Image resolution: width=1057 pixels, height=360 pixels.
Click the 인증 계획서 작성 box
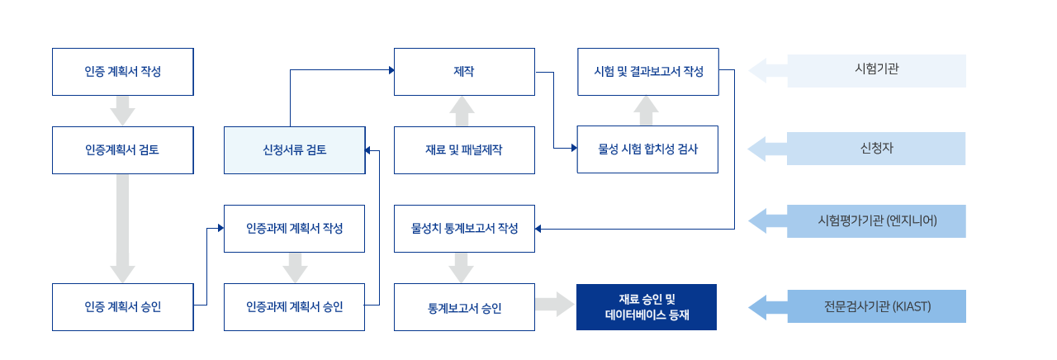pyautogui.click(x=123, y=72)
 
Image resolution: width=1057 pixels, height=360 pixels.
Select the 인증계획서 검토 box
pyautogui.click(x=123, y=150)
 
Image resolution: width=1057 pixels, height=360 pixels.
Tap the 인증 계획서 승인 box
pyautogui.click(x=123, y=307)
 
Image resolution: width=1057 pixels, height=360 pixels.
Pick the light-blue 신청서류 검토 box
pyautogui.click(x=295, y=150)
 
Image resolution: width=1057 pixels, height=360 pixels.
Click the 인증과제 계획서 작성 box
pyautogui.click(x=295, y=229)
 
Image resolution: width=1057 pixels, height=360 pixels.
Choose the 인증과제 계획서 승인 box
pyautogui.click(x=295, y=307)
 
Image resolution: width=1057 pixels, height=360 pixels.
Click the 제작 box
pyautogui.click(x=464, y=72)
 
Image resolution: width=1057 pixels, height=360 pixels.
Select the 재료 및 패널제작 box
pyautogui.click(x=464, y=150)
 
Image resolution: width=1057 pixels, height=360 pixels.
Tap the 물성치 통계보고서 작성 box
pyautogui.click(x=464, y=229)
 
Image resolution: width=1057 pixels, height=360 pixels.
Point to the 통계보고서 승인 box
pyautogui.click(x=464, y=307)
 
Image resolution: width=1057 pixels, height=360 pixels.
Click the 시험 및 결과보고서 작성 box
pyautogui.click(x=648, y=72)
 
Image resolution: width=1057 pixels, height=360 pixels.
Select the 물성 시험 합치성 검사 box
pyautogui.click(x=648, y=149)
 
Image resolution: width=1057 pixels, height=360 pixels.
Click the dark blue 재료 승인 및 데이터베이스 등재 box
pyautogui.click(x=647, y=307)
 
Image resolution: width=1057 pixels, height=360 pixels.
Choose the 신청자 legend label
pyautogui.click(x=876, y=149)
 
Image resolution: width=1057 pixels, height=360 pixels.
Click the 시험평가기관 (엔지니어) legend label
pyautogui.click(x=877, y=221)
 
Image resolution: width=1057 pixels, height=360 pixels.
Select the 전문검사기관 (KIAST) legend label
pyautogui.click(x=877, y=306)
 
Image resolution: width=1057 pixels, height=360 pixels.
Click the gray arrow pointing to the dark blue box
pyautogui.click(x=555, y=305)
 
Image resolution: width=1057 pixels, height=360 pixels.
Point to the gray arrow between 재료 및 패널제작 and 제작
pyautogui.click(x=462, y=111)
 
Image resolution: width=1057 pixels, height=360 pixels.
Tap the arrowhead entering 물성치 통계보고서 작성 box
pyautogui.click(x=538, y=229)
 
